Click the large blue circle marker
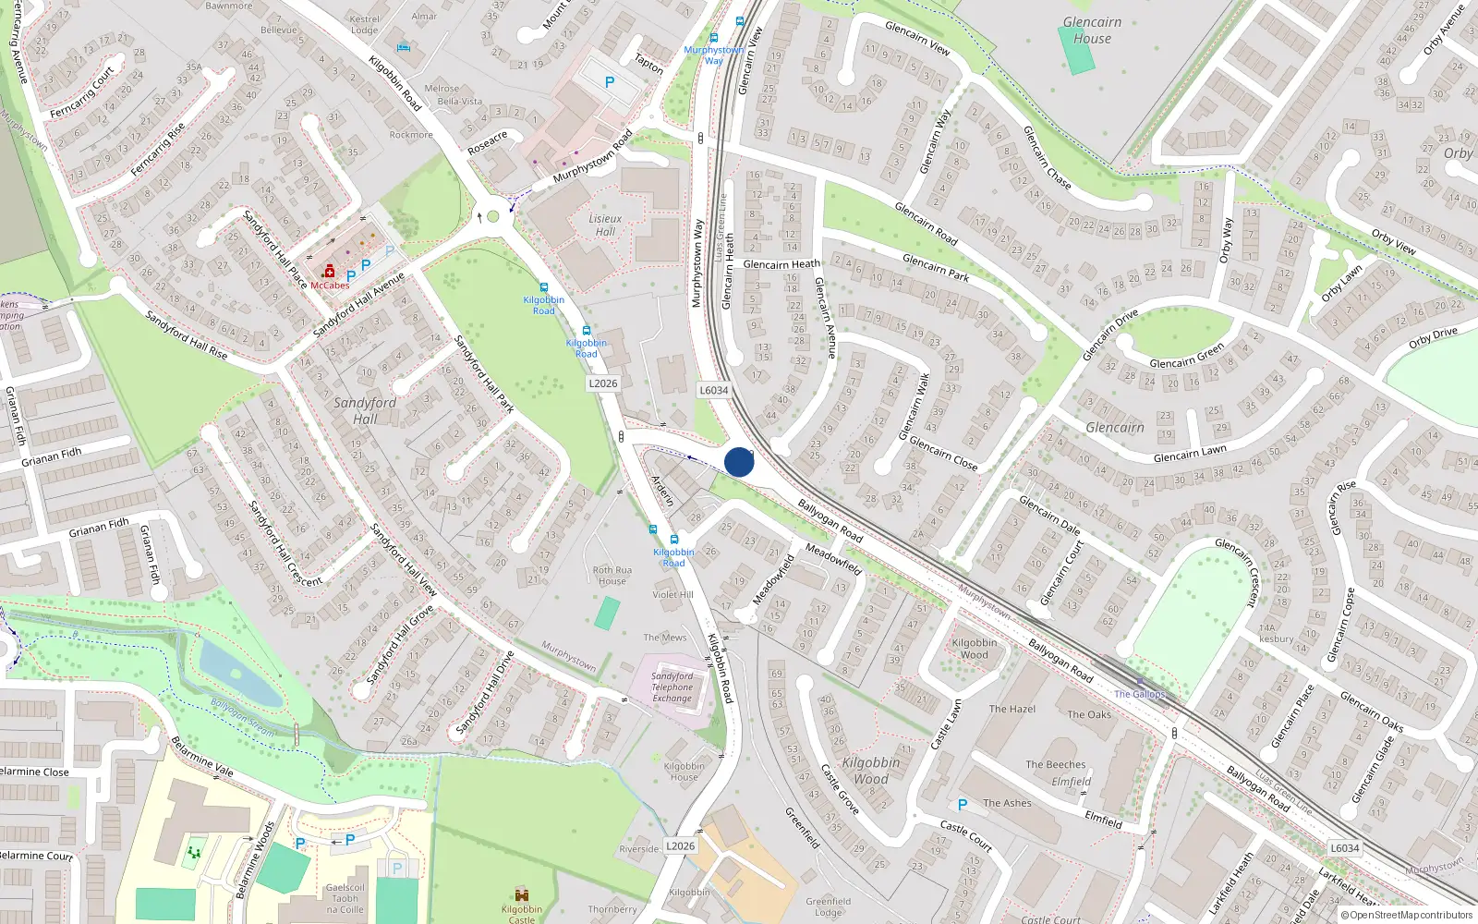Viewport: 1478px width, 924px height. pyautogui.click(x=739, y=462)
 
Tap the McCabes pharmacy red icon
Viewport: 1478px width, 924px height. pyautogui.click(x=329, y=272)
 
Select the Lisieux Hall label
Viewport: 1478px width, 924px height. pyautogui.click(x=605, y=225)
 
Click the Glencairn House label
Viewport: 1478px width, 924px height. pyautogui.click(x=1092, y=30)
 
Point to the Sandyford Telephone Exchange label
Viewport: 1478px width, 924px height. pyautogui.click(x=672, y=687)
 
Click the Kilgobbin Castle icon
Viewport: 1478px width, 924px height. pyautogui.click(x=522, y=894)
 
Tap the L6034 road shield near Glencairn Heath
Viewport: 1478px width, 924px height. pyautogui.click(x=713, y=390)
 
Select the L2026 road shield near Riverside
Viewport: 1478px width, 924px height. pyautogui.click(x=680, y=845)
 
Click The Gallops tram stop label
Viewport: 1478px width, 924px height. pyautogui.click(x=1139, y=694)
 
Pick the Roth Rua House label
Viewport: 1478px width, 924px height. pyautogui.click(x=612, y=576)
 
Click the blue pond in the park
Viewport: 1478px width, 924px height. pyautogui.click(x=237, y=673)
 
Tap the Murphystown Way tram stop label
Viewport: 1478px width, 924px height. pyautogui.click(x=713, y=55)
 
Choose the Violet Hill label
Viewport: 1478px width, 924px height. pyautogui.click(x=672, y=594)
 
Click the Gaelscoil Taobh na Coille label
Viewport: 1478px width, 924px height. pyautogui.click(x=345, y=898)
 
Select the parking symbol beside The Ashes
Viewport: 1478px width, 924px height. pyautogui.click(x=963, y=805)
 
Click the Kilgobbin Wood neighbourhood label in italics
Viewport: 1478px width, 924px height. pyautogui.click(x=871, y=771)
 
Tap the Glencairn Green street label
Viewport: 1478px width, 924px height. pyautogui.click(x=1186, y=357)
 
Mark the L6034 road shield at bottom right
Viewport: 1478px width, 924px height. pyautogui.click(x=1344, y=847)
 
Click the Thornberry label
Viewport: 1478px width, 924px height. pyautogui.click(x=612, y=909)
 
